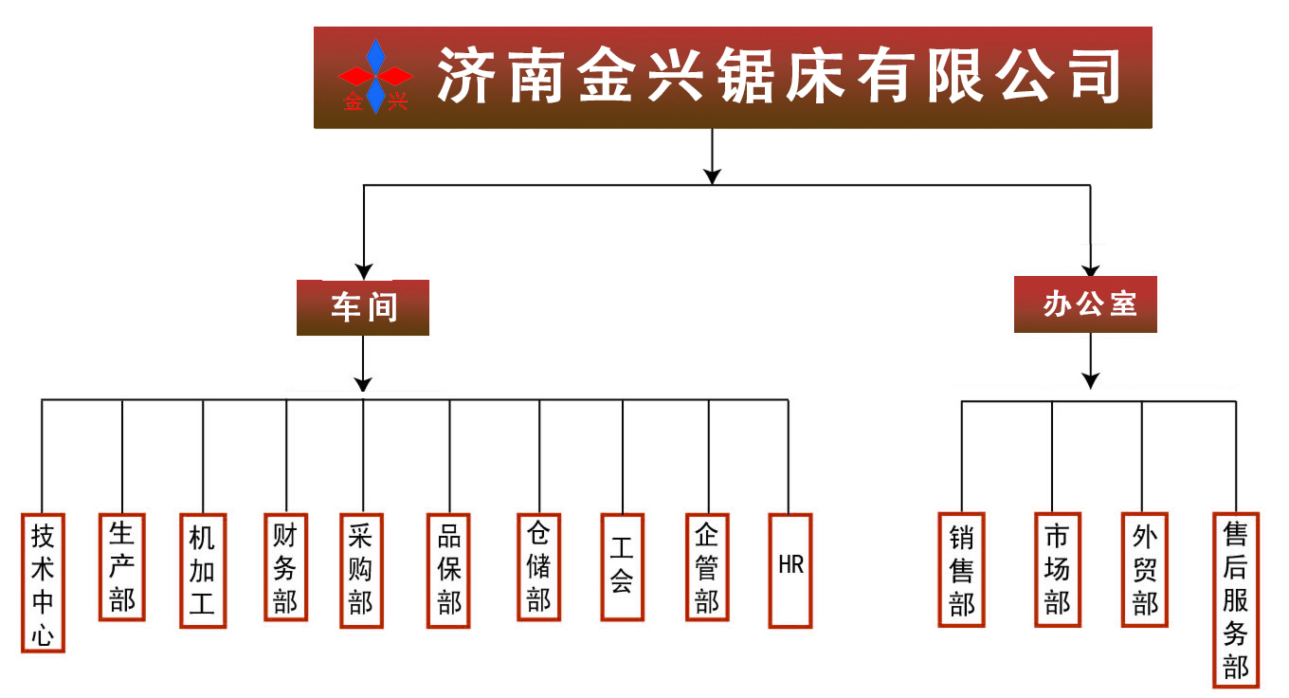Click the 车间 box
tap(363, 307)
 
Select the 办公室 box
tap(1086, 304)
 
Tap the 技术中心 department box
tap(43, 583)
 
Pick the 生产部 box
tap(122, 566)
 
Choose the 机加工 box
tap(203, 571)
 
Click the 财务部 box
tap(285, 567)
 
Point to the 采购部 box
tap(361, 571)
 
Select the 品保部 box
tap(449, 571)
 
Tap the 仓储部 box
tap(538, 567)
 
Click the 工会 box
tap(622, 567)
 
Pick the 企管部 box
tap(707, 567)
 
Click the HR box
tap(790, 571)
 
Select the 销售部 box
tap(962, 570)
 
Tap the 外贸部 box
tap(1144, 570)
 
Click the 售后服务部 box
tap(1236, 599)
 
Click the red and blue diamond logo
tap(376, 76)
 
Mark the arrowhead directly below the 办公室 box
tap(1091, 380)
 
